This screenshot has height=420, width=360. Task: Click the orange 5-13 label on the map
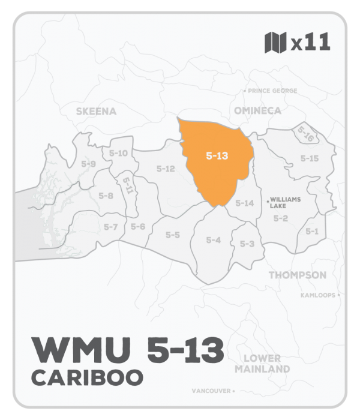pos(216,156)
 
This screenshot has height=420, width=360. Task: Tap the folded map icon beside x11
pos(274,44)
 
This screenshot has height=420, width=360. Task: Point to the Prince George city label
pos(269,91)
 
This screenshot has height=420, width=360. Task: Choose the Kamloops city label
pos(319,295)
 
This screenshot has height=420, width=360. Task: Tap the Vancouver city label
pos(212,391)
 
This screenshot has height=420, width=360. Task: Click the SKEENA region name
pos(96,111)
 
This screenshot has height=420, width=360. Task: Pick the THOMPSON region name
pos(297,275)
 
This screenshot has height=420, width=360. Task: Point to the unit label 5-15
pos(309,158)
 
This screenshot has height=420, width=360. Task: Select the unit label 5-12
pos(165,169)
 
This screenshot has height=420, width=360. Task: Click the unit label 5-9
pos(89,164)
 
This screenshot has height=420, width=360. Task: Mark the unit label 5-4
pos(213,240)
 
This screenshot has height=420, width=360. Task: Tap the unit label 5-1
pos(311,231)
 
